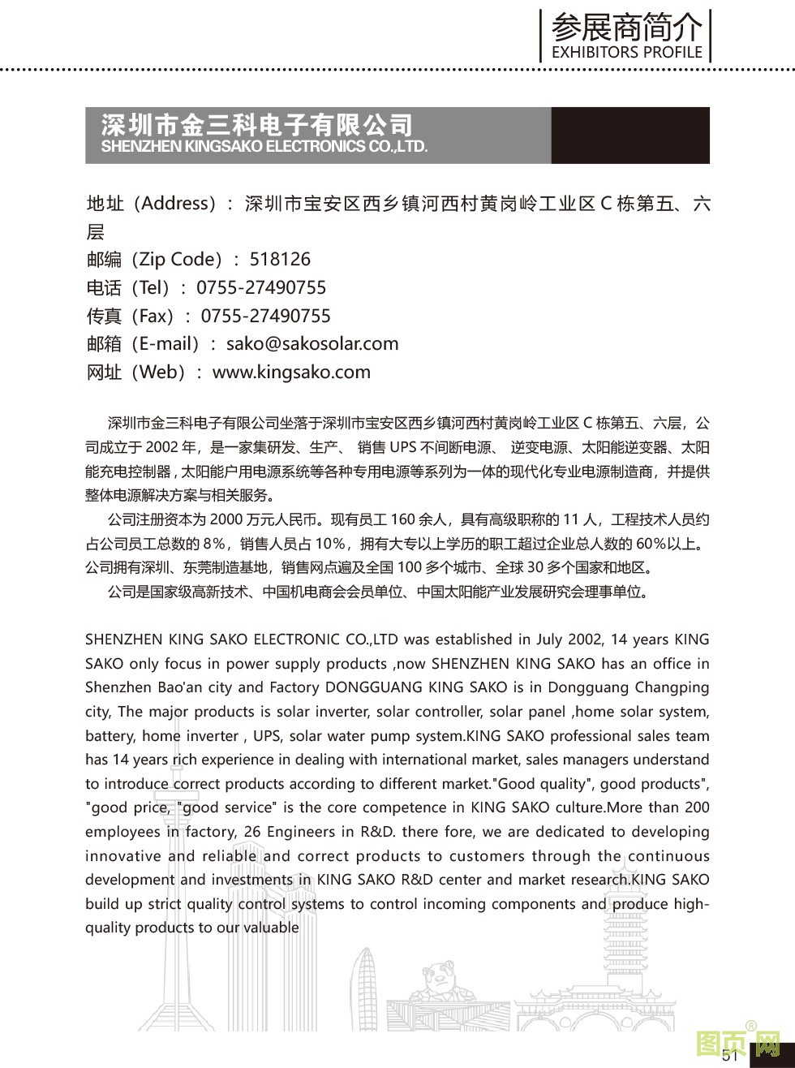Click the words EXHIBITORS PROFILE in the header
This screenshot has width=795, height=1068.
(x=626, y=53)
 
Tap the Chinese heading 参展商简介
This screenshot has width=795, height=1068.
(x=626, y=28)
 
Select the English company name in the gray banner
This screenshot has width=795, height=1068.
(x=264, y=147)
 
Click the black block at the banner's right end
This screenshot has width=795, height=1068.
(x=630, y=136)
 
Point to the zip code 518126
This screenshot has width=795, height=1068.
(x=280, y=260)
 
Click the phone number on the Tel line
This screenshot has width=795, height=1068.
(x=261, y=288)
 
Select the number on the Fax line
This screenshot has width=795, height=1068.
(x=266, y=316)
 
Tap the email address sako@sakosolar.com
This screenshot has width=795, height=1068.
(x=312, y=343)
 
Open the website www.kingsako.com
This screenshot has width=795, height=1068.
(x=291, y=373)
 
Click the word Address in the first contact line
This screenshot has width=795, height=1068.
(x=175, y=204)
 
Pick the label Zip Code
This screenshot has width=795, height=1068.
(x=180, y=260)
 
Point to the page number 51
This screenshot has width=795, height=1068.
(x=730, y=1055)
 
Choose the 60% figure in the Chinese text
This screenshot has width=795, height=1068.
(x=652, y=543)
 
